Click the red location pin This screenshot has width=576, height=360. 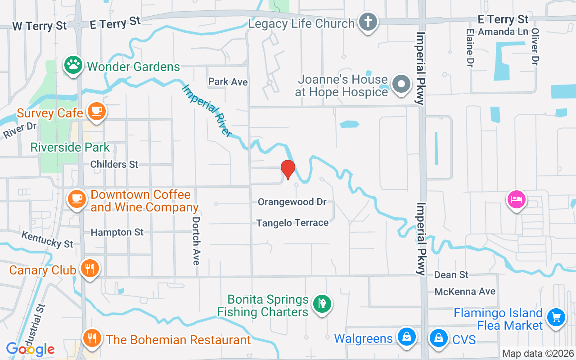(288, 169)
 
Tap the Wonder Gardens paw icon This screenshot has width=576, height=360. (73, 66)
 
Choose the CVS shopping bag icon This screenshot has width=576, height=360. (438, 337)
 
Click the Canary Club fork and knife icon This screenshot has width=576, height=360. (90, 269)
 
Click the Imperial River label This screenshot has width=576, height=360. (207, 110)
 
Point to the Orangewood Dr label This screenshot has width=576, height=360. (292, 202)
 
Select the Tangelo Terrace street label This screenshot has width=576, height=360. (292, 223)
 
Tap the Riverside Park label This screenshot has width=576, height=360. (70, 147)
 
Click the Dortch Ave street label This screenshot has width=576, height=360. (196, 241)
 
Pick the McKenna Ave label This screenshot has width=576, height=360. (465, 292)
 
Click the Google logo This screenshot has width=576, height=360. (30, 349)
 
